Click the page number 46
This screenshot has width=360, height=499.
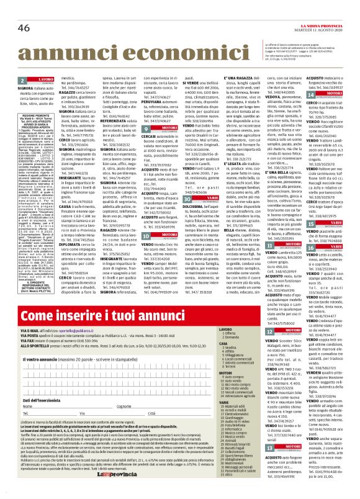24,11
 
